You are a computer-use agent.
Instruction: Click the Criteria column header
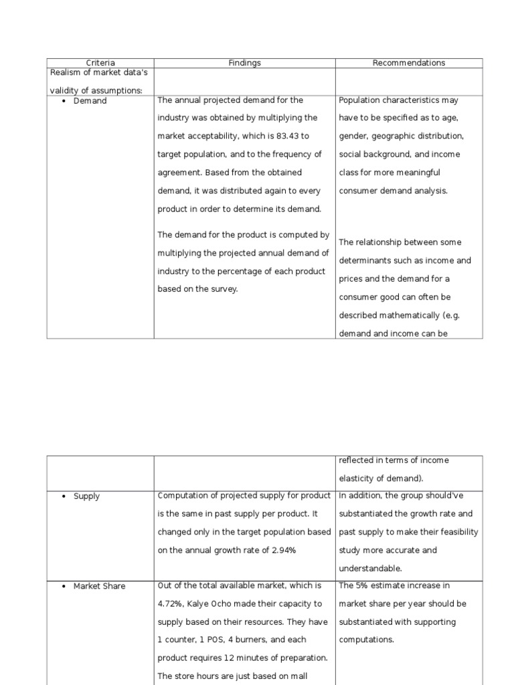(100, 63)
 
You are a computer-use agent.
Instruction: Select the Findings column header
(244, 63)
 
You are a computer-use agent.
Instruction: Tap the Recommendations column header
(408, 63)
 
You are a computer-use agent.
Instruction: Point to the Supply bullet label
(86, 496)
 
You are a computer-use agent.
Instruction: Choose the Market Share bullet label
(99, 586)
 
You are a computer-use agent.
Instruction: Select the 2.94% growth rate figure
(281, 550)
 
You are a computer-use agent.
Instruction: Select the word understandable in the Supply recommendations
(369, 568)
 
